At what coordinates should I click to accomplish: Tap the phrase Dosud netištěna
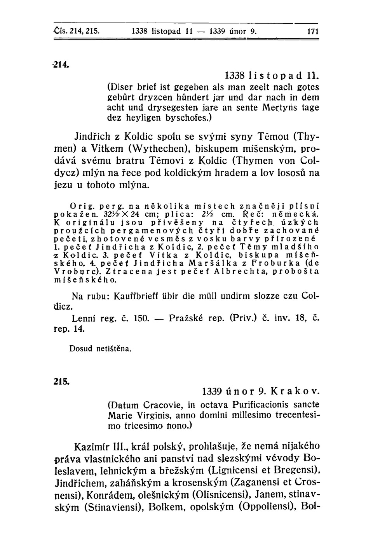point(100,348)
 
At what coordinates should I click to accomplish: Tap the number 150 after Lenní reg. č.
point(139,319)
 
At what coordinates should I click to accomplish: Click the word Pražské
point(185,319)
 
